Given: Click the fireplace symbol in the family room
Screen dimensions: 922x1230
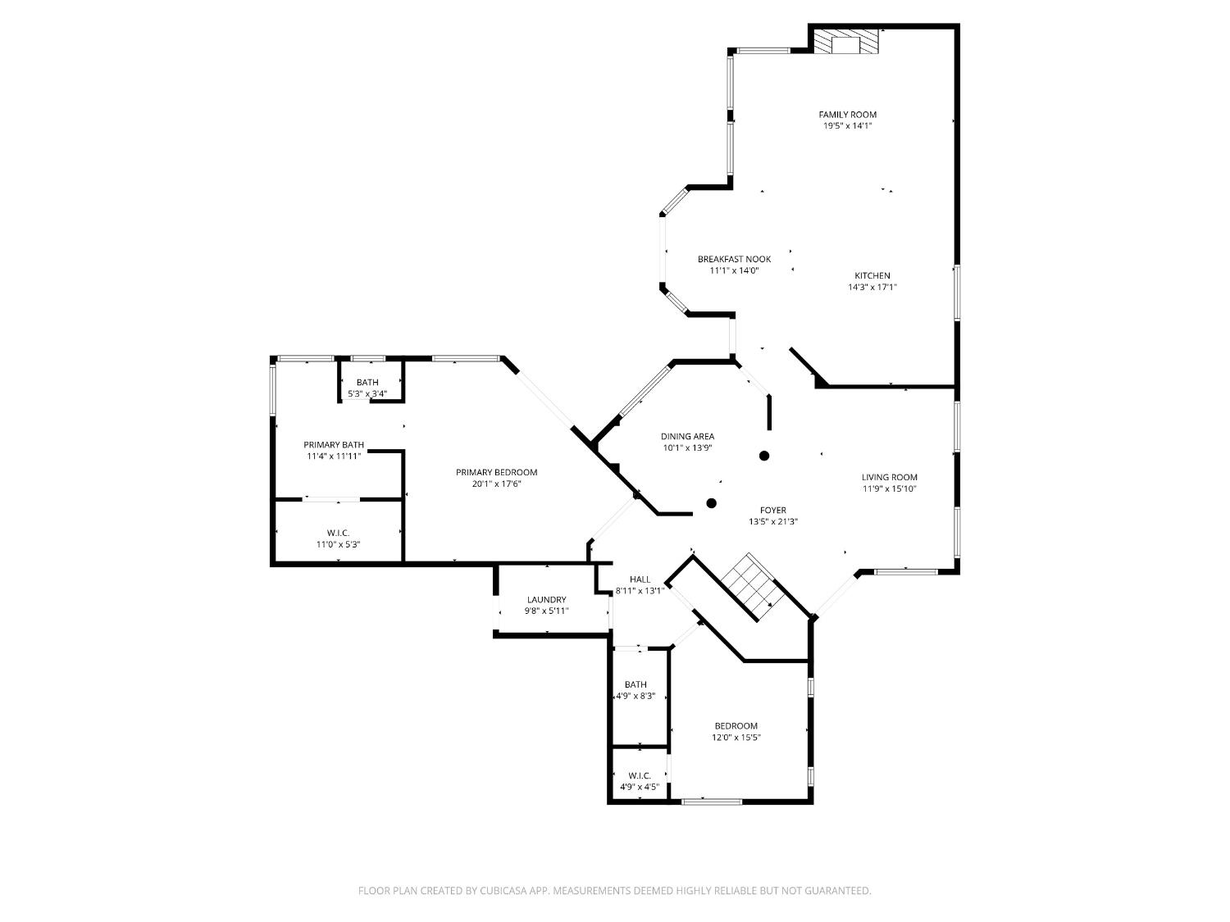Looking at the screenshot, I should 845,43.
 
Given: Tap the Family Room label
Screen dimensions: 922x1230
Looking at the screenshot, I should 847,115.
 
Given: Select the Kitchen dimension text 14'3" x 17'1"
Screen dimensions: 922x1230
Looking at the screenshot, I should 872,288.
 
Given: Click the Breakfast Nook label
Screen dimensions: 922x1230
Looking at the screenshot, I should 734,259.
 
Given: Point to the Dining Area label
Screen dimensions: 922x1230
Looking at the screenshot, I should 687,437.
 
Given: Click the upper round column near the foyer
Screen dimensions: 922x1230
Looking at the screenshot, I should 764,456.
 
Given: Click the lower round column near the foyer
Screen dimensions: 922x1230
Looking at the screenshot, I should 712,503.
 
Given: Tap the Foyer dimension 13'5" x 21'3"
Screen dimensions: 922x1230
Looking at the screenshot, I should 772,522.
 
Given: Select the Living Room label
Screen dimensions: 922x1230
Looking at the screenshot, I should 889,477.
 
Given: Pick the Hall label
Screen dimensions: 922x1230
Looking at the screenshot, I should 640,579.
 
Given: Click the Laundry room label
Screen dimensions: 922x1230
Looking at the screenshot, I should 546,600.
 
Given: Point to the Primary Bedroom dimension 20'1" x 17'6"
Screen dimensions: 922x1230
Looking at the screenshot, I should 496,484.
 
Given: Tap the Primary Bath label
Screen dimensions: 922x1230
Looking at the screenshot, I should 333,445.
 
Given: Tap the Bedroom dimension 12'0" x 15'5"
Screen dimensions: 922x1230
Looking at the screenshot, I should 736,738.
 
